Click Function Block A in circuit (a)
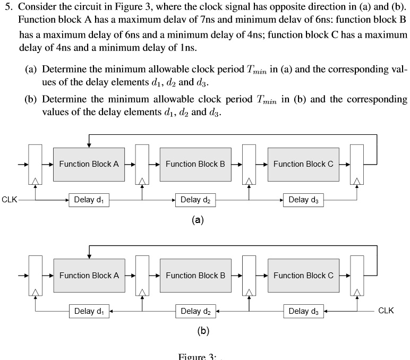tap(89, 164)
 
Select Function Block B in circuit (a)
tap(195, 164)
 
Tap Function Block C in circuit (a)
tap(303, 164)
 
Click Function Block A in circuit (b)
tap(89, 276)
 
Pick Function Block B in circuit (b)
tap(195, 276)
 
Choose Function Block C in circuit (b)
tap(303, 276)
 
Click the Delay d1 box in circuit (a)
tap(89, 200)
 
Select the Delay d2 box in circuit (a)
tap(195, 200)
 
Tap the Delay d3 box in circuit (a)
tap(303, 200)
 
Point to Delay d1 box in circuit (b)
tap(89, 311)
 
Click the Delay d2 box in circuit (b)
tap(195, 311)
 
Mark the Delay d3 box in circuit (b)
tap(303, 311)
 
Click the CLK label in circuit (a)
tap(10, 200)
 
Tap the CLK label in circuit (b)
tap(386, 311)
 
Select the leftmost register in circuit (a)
tap(35, 165)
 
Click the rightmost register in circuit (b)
tap(357, 276)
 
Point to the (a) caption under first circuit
tap(198, 220)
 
